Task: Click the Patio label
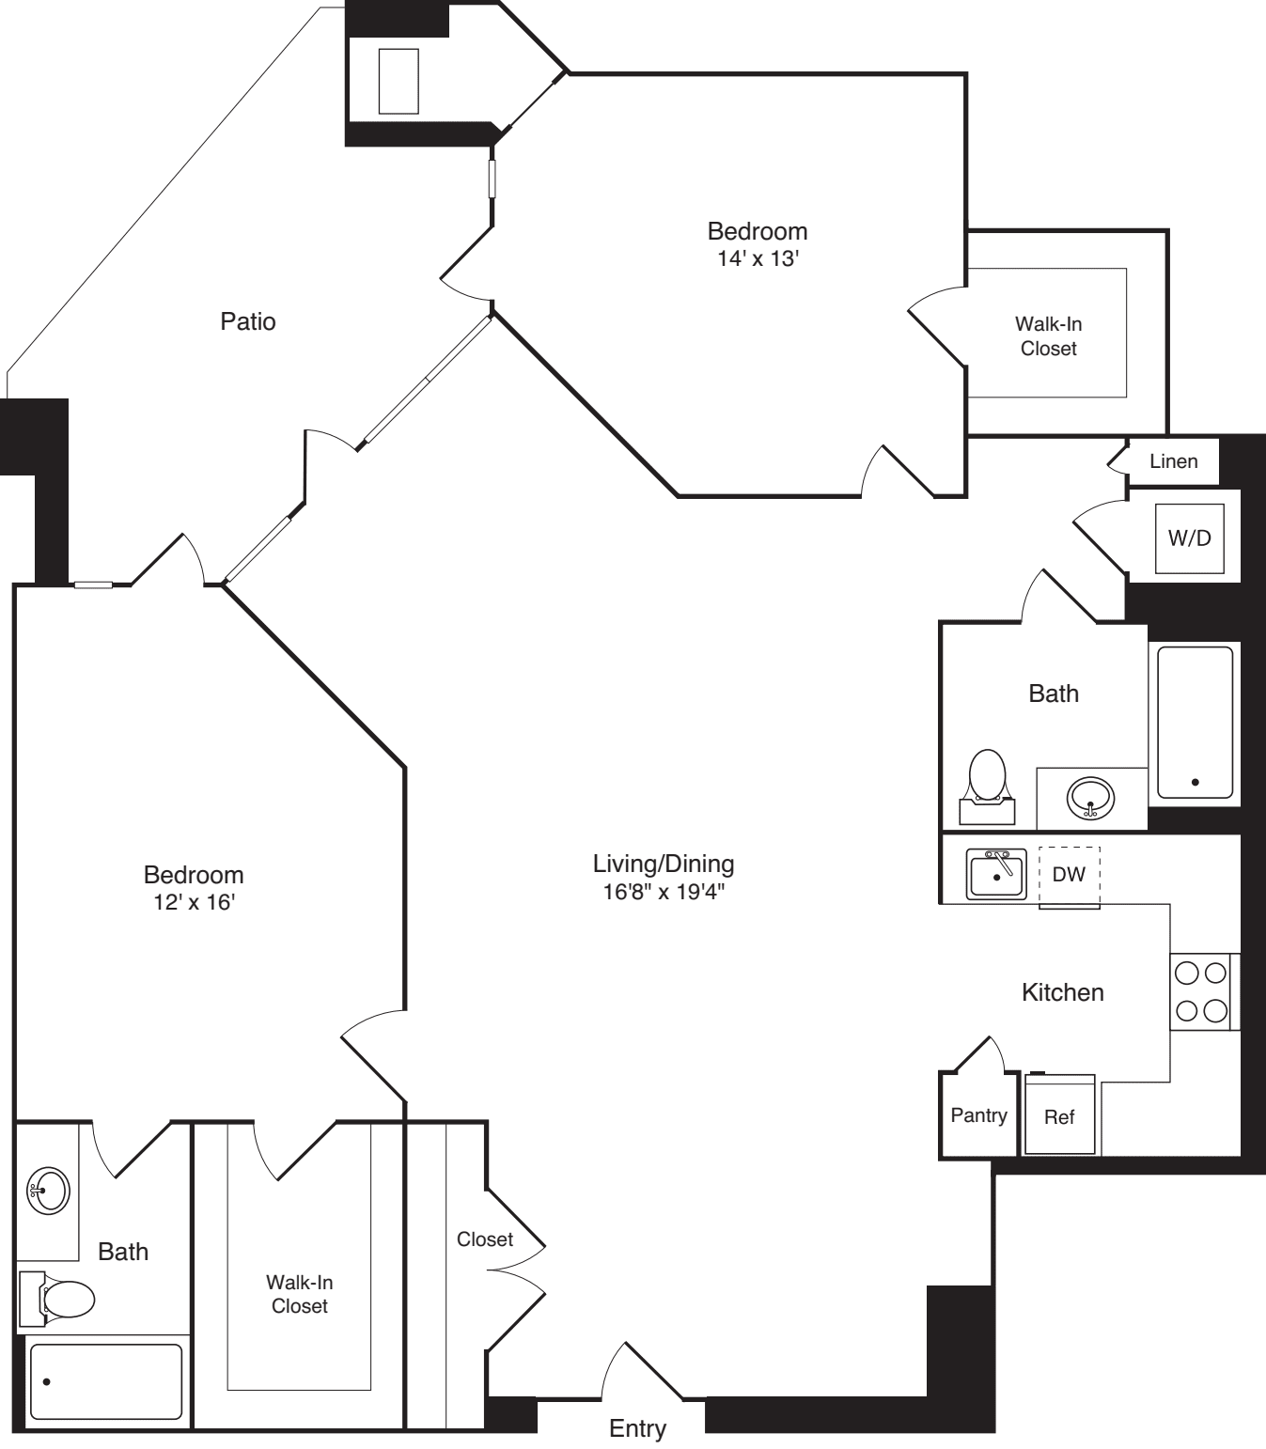[x=248, y=321]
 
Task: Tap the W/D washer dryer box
[x=1189, y=538]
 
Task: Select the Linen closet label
[x=1173, y=461]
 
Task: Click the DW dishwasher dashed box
[x=1069, y=876]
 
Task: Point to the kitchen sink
[x=996, y=875]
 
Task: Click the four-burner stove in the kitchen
[x=1202, y=991]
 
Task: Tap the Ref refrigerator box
[x=1059, y=1116]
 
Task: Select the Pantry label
[x=978, y=1115]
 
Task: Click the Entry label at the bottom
[x=637, y=1428]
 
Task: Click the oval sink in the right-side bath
[x=1090, y=800]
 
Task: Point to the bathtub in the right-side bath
[x=1195, y=722]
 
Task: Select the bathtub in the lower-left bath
[x=105, y=1381]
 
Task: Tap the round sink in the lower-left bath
[x=47, y=1191]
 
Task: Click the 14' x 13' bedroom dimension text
[x=758, y=258]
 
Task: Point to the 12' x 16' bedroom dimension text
[x=194, y=902]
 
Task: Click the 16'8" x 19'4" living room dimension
[x=664, y=891]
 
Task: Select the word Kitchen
[x=1062, y=992]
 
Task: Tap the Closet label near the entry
[x=485, y=1239]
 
